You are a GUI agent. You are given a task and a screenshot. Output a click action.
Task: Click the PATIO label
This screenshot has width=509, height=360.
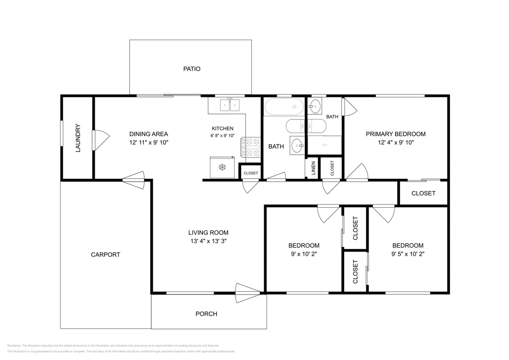point(192,69)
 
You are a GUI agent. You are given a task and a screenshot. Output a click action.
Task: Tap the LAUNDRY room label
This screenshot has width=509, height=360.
point(78,138)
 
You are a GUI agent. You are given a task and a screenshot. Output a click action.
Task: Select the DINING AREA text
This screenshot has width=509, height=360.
point(148,134)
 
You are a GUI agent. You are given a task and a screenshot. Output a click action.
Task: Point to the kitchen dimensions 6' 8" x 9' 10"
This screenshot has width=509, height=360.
point(223,136)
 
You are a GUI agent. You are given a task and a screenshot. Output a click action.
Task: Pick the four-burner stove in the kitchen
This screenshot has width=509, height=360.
point(251,148)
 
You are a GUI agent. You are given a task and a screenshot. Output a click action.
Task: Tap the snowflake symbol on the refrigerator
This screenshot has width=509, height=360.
point(222,167)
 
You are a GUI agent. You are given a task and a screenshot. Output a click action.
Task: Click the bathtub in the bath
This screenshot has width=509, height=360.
point(283,107)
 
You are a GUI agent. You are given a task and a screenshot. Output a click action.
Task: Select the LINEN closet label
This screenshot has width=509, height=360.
point(313,168)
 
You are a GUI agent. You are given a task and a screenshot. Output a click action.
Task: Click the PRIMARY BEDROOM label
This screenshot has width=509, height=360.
point(396,134)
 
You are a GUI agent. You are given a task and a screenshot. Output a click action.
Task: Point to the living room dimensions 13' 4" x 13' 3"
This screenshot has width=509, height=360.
point(208,241)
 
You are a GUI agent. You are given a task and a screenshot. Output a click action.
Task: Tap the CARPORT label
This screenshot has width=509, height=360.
point(105,255)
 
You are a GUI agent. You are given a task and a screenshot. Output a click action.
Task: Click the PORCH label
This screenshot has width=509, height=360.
point(206,314)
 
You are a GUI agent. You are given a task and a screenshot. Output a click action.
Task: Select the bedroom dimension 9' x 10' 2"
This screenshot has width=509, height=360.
point(304,253)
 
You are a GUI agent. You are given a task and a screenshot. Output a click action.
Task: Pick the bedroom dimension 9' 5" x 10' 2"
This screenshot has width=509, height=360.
point(408,253)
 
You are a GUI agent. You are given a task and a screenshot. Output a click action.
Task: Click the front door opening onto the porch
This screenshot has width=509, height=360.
point(247,293)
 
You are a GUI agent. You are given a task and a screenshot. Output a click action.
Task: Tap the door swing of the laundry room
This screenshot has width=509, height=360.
point(101,139)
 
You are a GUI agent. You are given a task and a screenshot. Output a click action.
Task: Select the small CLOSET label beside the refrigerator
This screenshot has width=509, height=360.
point(250,173)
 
